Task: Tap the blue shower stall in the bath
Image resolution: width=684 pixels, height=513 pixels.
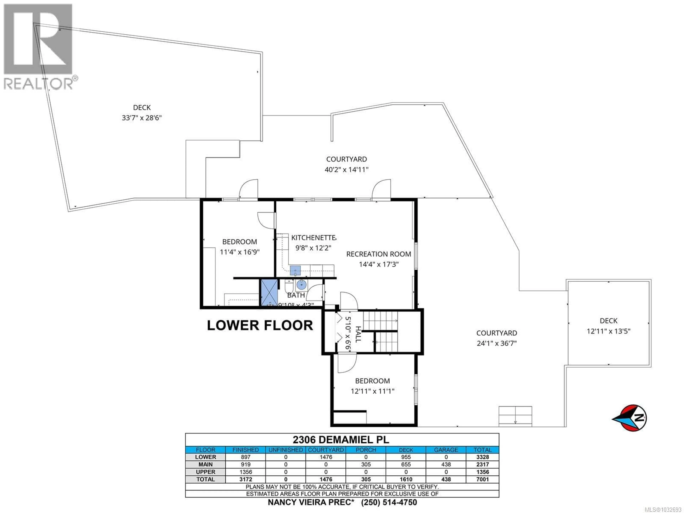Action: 269,292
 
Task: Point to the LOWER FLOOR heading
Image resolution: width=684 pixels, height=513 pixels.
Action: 260,325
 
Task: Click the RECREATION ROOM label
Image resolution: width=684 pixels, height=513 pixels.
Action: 379,254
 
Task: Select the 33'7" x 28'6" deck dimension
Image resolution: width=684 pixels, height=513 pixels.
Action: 142,118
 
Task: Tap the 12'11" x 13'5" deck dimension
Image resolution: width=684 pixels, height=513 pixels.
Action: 608,331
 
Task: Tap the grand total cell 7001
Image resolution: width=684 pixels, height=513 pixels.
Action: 482,479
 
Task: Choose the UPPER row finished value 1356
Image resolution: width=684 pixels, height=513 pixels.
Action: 245,472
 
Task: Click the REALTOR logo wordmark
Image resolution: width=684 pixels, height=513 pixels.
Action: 39,84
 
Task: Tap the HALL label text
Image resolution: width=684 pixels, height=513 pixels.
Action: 358,334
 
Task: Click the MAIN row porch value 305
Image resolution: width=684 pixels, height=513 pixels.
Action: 366,464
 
